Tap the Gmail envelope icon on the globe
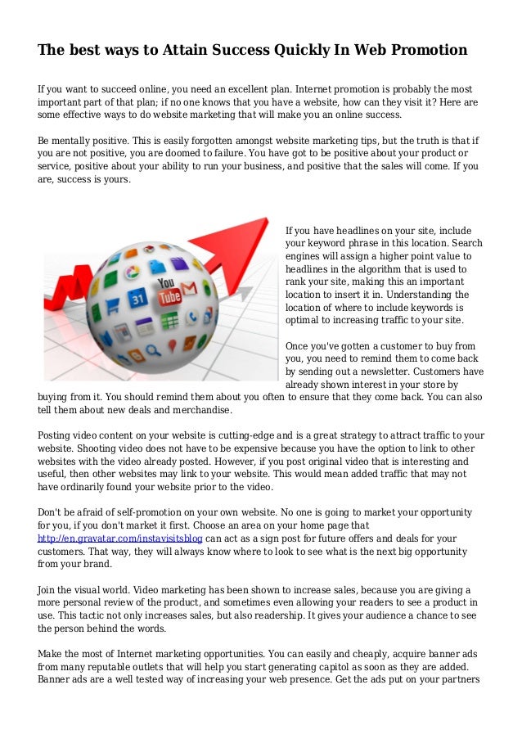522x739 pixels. click(x=189, y=289)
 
